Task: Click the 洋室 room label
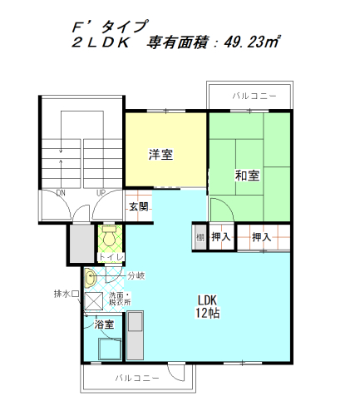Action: [x=160, y=155]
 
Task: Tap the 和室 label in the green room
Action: [x=247, y=176]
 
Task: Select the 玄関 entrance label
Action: [x=139, y=206]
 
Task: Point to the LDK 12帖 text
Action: [x=208, y=306]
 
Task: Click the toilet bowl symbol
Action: [x=110, y=235]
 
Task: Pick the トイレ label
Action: [x=111, y=257]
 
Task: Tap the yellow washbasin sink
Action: [x=90, y=278]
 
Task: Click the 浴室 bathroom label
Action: [x=104, y=324]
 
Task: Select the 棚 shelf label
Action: [x=200, y=237]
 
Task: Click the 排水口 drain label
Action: [x=67, y=294]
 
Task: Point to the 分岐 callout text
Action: [x=136, y=275]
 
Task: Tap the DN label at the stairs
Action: [x=61, y=193]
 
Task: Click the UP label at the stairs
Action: [x=101, y=193]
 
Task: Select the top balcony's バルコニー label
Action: [x=254, y=97]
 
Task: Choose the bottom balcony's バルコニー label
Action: [x=137, y=378]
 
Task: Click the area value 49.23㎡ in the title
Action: [x=252, y=42]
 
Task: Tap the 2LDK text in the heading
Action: [x=101, y=42]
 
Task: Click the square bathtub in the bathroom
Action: [x=110, y=349]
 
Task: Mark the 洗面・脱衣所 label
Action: [x=120, y=299]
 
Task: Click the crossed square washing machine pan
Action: [x=94, y=301]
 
